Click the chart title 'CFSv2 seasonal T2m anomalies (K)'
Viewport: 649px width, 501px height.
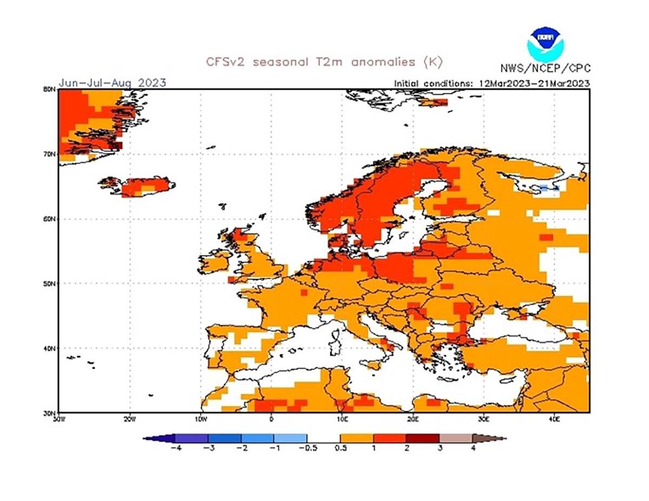pyautogui.click(x=324, y=62)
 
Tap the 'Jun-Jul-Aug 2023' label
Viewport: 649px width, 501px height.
pyautogui.click(x=112, y=83)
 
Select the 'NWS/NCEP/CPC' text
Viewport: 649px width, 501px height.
pyautogui.click(x=545, y=68)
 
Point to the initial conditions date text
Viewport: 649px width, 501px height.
pyautogui.click(x=491, y=83)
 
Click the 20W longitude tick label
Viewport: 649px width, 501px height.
pyautogui.click(x=129, y=418)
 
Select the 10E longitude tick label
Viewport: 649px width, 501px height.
pyautogui.click(x=342, y=418)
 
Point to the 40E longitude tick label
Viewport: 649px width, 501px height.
pyautogui.click(x=554, y=418)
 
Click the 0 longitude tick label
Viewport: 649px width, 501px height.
pyautogui.click(x=271, y=418)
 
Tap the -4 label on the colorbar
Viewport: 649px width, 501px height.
pyautogui.click(x=174, y=448)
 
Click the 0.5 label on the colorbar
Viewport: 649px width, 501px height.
pyautogui.click(x=341, y=448)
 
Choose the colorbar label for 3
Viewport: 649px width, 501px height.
pyautogui.click(x=440, y=448)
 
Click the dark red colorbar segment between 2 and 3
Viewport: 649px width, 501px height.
pyautogui.click(x=423, y=438)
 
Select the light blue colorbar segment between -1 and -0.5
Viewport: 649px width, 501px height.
pyautogui.click(x=290, y=438)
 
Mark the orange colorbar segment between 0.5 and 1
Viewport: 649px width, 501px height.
pyautogui.click(x=357, y=438)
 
